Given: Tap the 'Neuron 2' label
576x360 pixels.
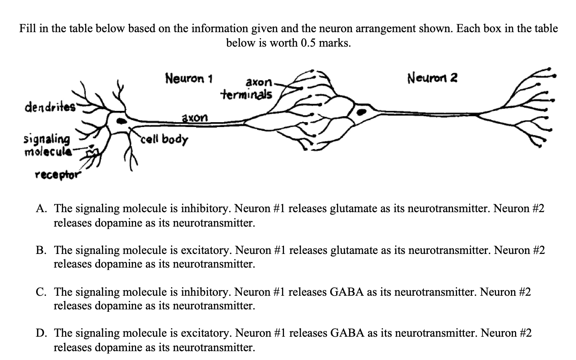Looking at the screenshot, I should click(432, 77).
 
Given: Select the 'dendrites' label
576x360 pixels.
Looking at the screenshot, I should click(50, 107).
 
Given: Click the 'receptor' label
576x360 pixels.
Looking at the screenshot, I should click(57, 175).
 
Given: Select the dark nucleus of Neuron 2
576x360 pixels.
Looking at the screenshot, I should click(362, 112).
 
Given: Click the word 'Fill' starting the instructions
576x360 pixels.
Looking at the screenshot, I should click(27, 29).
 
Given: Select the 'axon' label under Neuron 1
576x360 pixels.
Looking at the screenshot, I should click(195, 118).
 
